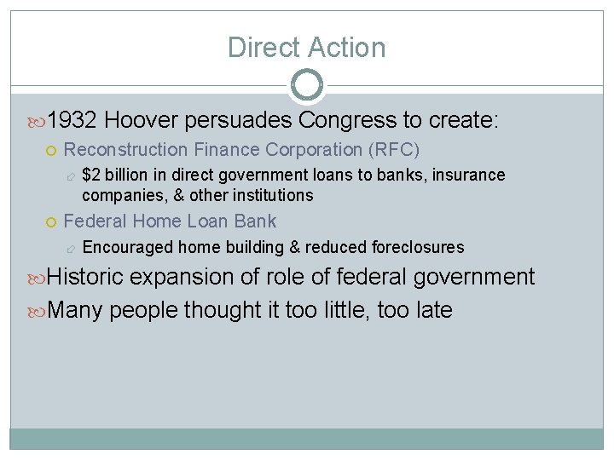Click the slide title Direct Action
point(306,48)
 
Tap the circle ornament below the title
point(306,85)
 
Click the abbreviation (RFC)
point(393,150)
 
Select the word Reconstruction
point(126,150)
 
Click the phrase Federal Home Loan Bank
point(170,221)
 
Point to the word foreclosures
point(418,248)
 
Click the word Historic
point(85,278)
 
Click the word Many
point(75,310)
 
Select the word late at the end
point(435,310)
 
